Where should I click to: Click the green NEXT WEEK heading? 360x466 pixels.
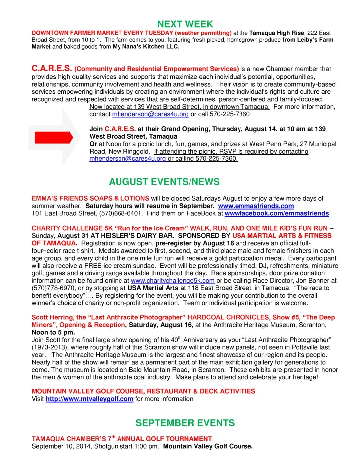[185, 24]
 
